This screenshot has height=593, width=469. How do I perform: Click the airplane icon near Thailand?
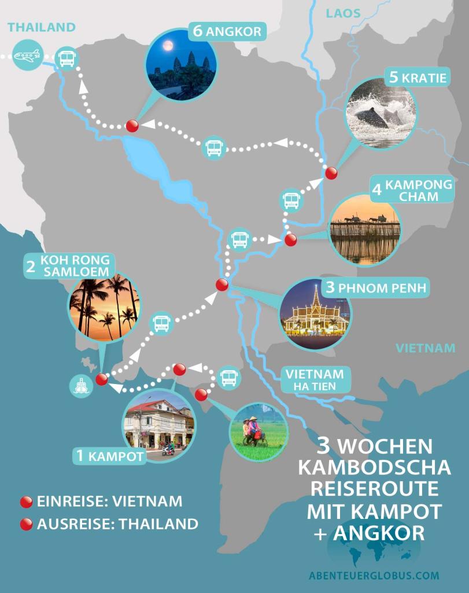[x=27, y=56]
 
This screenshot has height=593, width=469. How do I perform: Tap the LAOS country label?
[x=343, y=13]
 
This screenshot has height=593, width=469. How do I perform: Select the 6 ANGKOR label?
[x=227, y=31]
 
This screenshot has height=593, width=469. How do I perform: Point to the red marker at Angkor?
[x=132, y=126]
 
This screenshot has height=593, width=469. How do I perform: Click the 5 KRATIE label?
[x=418, y=77]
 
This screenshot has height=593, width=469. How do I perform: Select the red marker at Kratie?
[x=331, y=173]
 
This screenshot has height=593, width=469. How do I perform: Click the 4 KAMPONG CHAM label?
[x=404, y=191]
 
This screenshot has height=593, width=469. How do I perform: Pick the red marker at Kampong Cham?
[x=290, y=239]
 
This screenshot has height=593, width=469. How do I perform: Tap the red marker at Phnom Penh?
[x=222, y=285]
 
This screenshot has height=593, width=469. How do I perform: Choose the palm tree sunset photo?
[x=104, y=308]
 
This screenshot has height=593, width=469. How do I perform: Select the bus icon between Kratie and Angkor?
[x=214, y=148]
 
